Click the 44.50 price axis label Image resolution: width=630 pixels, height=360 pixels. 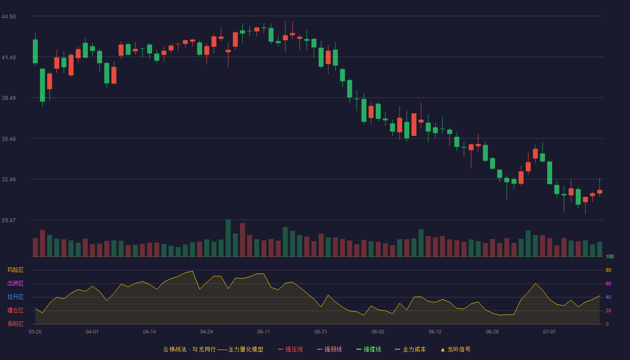pos(9,17)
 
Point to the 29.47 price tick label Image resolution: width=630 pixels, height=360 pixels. pos(9,220)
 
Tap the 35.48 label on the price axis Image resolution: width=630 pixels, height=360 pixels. pos(9,139)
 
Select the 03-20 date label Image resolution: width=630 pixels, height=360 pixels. pos(35,332)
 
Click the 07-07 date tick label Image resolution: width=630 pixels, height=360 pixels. pos(549,332)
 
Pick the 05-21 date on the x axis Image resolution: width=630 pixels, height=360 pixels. pos(320,332)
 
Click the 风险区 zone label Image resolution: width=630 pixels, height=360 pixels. pos(15,270)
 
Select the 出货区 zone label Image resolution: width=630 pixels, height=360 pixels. pos(15,283)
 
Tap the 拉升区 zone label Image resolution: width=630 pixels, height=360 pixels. pos(15,297)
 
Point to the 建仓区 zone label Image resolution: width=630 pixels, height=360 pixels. pos(15,310)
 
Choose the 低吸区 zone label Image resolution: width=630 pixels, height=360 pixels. pos(15,324)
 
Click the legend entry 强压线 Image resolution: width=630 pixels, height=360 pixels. pos(291,349)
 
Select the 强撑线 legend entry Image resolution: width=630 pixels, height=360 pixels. pos(369,349)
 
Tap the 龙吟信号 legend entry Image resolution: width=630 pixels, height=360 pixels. pos(455,349)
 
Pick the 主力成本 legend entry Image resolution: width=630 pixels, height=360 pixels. pos(410,349)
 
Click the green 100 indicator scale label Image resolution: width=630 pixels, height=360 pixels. pos(610,256)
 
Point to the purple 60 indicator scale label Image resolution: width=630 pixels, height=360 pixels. pos(608,283)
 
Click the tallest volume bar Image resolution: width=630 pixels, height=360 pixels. pos(228,238)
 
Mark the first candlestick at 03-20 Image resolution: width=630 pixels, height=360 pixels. pos(35,49)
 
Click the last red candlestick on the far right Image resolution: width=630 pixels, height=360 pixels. pos(599,187)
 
